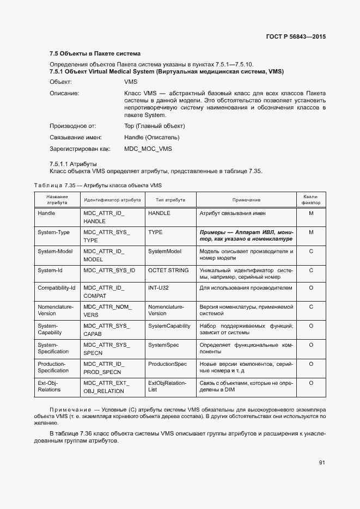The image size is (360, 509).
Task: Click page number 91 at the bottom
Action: (322, 463)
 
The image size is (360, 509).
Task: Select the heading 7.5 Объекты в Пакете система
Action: (95, 53)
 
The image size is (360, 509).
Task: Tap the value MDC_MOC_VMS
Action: (148, 149)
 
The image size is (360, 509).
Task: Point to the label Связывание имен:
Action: (76, 137)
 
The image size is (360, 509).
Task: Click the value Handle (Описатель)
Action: (152, 137)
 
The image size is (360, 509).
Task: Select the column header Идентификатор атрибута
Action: (112, 200)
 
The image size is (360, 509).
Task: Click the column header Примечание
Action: (246, 200)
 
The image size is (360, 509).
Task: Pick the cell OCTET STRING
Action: (168, 271)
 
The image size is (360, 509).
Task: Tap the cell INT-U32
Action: (159, 287)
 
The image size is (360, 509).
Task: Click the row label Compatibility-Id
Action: (56, 287)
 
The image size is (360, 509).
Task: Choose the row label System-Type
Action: (53, 232)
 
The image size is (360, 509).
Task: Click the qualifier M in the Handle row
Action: (311, 213)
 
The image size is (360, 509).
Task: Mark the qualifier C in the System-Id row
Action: (311, 271)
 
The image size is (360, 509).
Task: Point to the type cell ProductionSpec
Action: (167, 364)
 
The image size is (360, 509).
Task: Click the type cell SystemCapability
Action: (169, 326)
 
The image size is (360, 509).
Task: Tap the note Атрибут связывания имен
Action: (233, 213)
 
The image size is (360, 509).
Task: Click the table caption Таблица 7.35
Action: (98, 185)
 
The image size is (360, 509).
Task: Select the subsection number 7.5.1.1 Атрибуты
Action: (73, 163)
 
